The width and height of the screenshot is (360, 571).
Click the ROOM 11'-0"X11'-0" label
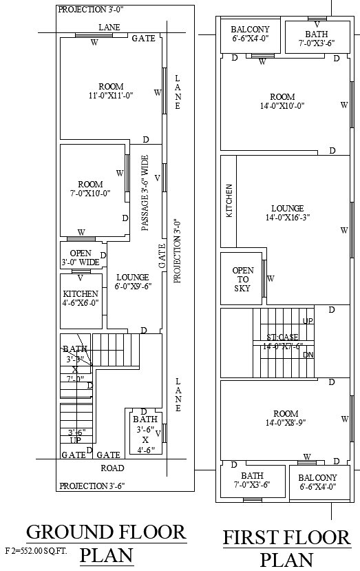[110, 91]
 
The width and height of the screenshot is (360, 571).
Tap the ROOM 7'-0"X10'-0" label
[90, 189]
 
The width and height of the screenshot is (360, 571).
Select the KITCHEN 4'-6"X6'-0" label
[81, 298]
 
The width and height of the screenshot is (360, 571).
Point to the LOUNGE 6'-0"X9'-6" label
[132, 281]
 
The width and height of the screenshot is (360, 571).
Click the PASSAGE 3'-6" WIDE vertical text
[145, 192]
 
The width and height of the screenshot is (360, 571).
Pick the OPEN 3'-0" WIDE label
[81, 258]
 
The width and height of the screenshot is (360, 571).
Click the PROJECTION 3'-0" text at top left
[91, 10]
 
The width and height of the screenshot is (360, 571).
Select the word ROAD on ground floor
[112, 468]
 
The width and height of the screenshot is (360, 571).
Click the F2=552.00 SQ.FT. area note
[36, 551]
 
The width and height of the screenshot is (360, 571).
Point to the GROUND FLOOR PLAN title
[106, 543]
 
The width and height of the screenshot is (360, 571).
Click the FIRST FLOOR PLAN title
[286, 548]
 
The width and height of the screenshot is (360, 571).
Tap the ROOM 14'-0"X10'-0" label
[282, 101]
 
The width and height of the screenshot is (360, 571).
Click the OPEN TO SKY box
[242, 280]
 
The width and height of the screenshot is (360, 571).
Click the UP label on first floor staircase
[308, 321]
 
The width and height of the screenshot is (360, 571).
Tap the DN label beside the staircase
[308, 355]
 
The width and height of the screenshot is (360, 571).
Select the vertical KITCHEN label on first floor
[229, 201]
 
